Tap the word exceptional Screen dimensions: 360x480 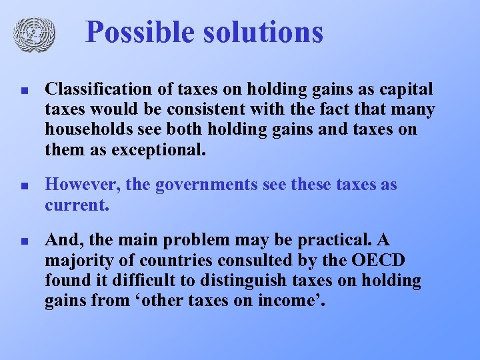(x=154, y=149)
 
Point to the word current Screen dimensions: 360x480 (x=76, y=204)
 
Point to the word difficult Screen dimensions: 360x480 (x=148, y=281)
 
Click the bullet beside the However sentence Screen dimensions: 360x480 (x=23, y=185)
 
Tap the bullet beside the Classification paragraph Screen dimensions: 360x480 (x=23, y=89)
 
